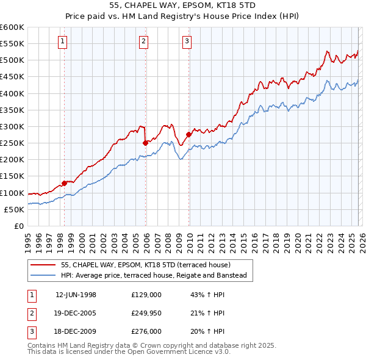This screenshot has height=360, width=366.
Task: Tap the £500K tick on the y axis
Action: click(12, 60)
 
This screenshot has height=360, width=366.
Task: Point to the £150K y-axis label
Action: click(12, 176)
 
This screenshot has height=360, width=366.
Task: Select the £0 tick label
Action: click(20, 226)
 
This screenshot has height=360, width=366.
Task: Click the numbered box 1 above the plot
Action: click(63, 41)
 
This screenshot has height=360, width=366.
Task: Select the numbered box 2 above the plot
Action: click(143, 41)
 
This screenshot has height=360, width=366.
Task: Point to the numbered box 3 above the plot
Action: click(187, 41)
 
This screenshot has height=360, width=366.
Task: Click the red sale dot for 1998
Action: click(65, 183)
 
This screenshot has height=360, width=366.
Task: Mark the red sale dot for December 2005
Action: click(145, 143)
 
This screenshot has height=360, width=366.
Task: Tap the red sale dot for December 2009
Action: click(188, 134)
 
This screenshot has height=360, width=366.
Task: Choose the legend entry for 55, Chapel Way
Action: click(145, 265)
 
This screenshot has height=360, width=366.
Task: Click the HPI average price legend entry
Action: click(153, 276)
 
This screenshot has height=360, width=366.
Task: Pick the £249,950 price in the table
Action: click(146, 313)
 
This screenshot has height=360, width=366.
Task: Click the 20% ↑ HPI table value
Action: click(204, 331)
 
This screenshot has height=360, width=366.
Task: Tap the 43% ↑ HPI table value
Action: click(204, 295)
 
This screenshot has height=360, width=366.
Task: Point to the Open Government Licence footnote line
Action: click(129, 352)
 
